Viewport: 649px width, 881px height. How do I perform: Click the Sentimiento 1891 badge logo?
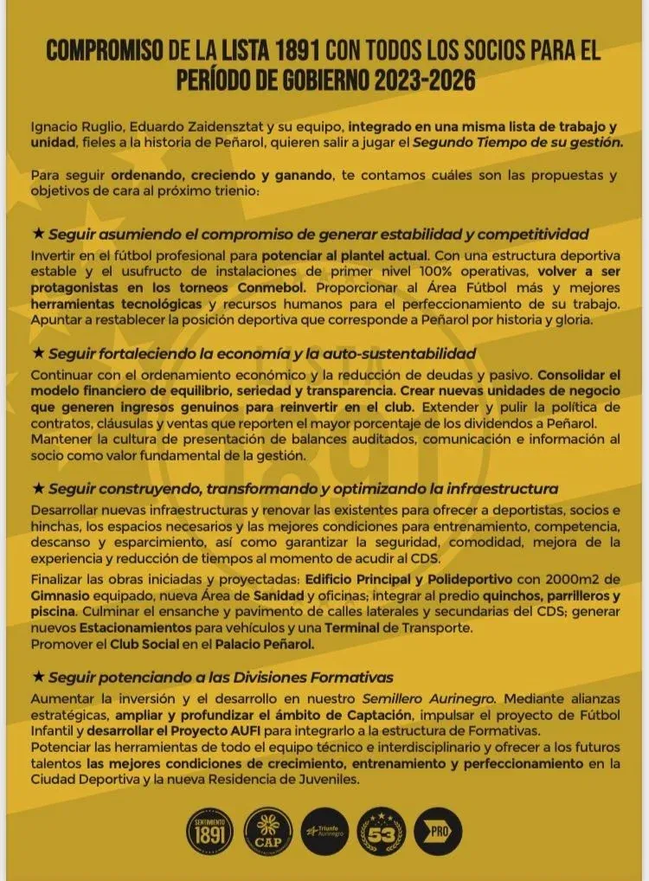coord(211,833)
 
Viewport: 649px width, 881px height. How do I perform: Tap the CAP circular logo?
coord(268,833)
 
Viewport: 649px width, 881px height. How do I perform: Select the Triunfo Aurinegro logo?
coord(324,834)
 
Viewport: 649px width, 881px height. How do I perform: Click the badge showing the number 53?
coord(381,833)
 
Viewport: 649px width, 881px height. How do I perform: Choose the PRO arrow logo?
coord(438,833)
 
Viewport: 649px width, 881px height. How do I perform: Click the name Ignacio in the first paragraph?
coord(55,127)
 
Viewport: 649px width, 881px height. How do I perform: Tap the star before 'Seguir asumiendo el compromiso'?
coord(37,234)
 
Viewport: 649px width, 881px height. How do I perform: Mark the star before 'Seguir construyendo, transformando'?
coord(37,488)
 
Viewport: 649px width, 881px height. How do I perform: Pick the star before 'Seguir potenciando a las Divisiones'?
coord(37,677)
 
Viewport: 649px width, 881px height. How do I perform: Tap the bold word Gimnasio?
coord(61,596)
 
